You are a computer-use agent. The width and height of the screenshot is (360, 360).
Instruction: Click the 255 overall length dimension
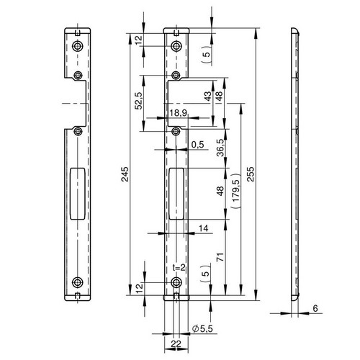250,174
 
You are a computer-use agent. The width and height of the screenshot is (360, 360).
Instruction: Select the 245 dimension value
125,174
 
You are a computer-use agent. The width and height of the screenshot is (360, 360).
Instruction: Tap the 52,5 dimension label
138,101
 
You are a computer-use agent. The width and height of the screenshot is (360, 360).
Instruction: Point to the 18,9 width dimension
178,113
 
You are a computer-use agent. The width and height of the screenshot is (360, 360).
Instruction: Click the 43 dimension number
208,96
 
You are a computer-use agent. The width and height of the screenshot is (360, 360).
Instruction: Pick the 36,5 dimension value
220,148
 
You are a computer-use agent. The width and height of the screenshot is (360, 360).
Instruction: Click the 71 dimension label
220,257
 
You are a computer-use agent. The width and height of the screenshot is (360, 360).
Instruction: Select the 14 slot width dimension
203,228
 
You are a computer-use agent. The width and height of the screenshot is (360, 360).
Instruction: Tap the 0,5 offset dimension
197,145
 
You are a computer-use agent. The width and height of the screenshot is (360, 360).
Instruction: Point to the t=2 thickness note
179,267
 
